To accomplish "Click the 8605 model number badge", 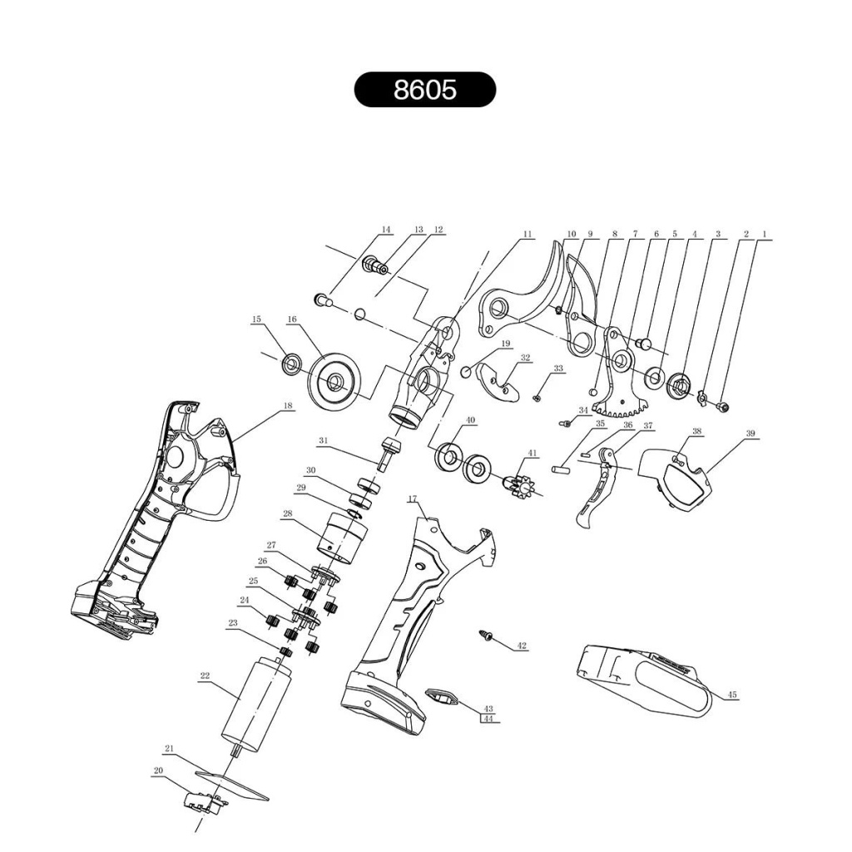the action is [x=425, y=90].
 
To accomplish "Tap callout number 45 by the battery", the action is [x=732, y=695].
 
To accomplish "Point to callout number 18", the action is [x=288, y=405].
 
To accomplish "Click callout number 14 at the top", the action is [x=385, y=230].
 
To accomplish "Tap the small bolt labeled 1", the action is [x=723, y=406].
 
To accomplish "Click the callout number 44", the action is [x=488, y=718].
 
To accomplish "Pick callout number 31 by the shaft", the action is [x=324, y=441].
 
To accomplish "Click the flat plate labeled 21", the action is [x=231, y=785].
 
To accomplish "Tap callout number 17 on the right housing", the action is [x=413, y=498].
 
